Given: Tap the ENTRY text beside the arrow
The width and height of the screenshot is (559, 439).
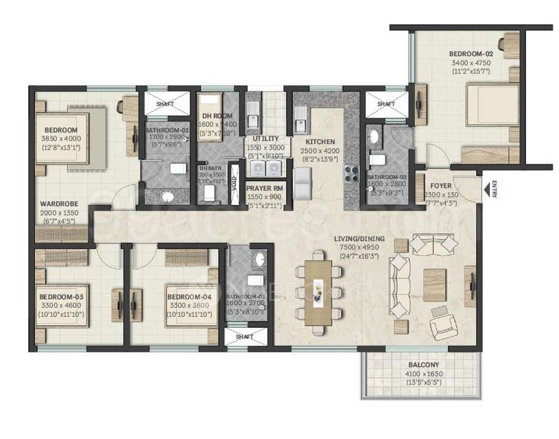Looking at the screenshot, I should coord(495,188).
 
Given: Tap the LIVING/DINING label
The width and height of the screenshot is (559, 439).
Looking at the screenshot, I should coord(359,239).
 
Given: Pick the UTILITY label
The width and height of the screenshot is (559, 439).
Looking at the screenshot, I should coord(265,139).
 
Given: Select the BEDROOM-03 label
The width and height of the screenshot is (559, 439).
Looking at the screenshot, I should coord(61,296).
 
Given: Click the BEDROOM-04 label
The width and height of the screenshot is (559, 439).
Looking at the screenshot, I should coord(189,296).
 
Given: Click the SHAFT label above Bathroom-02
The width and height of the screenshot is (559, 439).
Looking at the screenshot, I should coord(385,104).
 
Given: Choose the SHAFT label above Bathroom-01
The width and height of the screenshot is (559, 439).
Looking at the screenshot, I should coord(165,104).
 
